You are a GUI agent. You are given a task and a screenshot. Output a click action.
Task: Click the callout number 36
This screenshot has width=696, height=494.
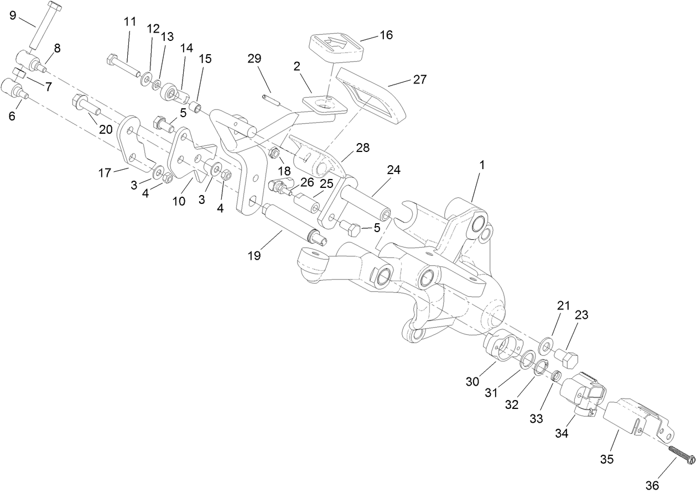click(x=652, y=485)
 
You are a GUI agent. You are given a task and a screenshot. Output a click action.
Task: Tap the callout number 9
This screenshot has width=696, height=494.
click(x=13, y=15)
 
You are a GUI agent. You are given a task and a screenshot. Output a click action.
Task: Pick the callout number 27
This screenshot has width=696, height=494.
click(x=419, y=79)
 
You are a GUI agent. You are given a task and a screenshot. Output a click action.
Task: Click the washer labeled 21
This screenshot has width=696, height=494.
click(x=546, y=346)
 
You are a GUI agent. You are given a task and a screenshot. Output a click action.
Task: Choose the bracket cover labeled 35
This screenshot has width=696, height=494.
click(x=636, y=421)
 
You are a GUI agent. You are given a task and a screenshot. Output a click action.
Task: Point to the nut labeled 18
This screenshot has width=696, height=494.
click(x=273, y=153)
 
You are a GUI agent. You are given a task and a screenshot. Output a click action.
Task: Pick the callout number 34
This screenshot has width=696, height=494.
click(x=561, y=433)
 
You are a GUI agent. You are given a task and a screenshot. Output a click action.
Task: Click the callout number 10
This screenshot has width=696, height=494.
click(x=179, y=201)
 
